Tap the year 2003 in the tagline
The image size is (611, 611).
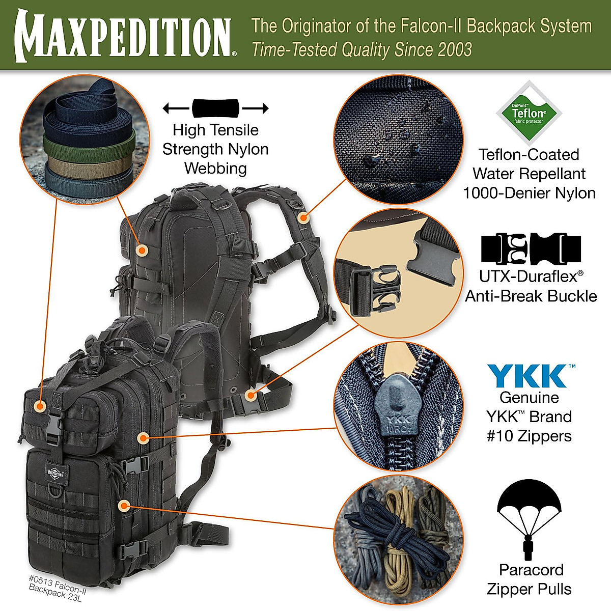(454, 50)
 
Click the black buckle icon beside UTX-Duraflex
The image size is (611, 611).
(531, 249)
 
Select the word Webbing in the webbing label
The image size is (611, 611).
(215, 168)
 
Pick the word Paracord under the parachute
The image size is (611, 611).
(531, 570)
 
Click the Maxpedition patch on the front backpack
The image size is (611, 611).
(55, 471)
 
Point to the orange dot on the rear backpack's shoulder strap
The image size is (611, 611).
(303, 217)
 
